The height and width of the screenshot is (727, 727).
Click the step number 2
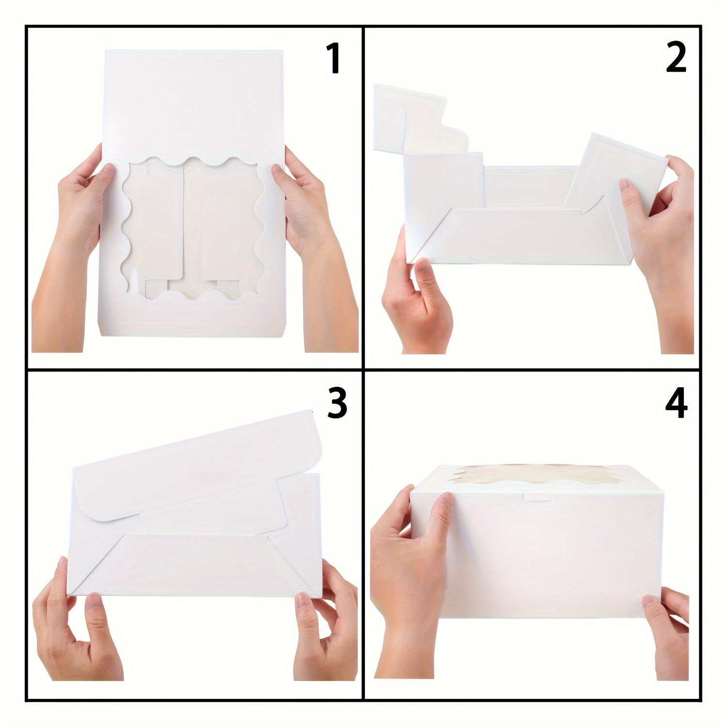point(676,58)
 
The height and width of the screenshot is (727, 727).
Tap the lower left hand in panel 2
point(417,300)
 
